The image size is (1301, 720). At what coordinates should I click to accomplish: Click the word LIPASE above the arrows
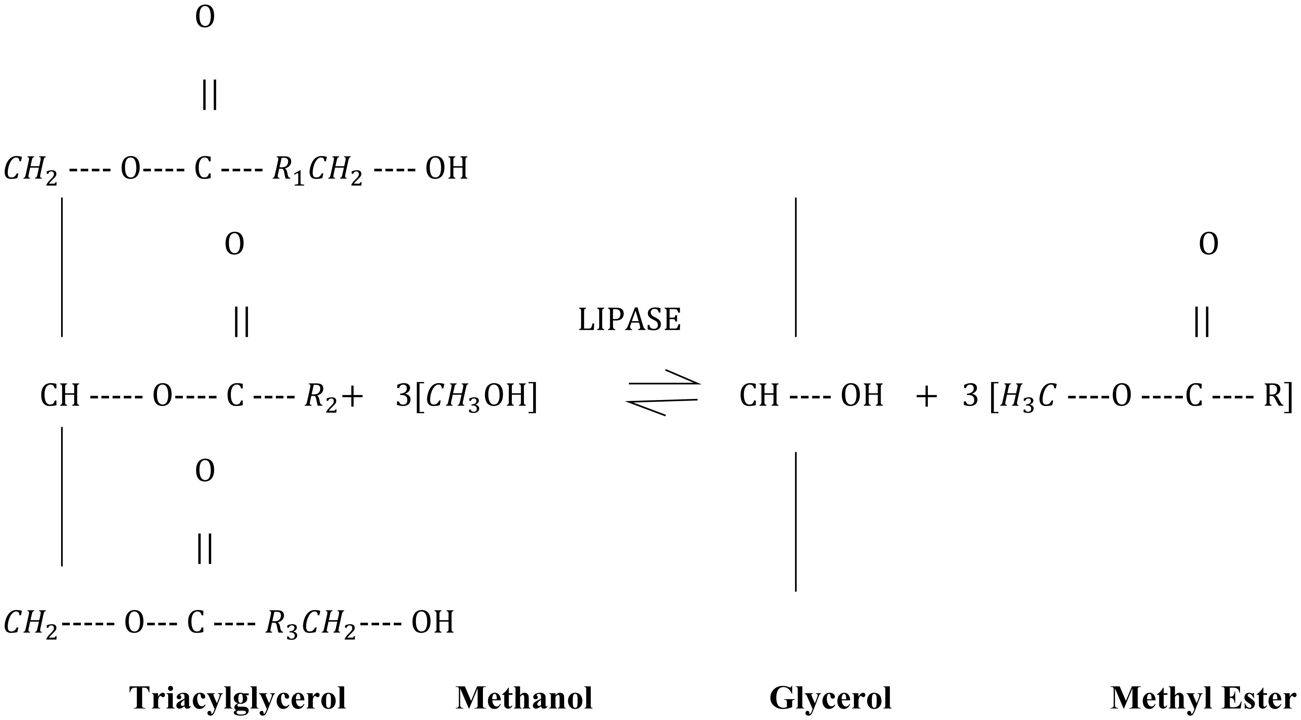[x=629, y=320]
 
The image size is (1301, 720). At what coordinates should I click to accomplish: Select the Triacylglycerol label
[x=238, y=699]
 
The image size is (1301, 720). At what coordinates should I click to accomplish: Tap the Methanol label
[x=524, y=699]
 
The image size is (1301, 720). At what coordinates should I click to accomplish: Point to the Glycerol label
[x=830, y=699]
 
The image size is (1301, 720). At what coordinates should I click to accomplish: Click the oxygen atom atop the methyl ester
[x=1208, y=244]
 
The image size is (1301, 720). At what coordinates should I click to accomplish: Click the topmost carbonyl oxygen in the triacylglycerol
[x=205, y=18]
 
